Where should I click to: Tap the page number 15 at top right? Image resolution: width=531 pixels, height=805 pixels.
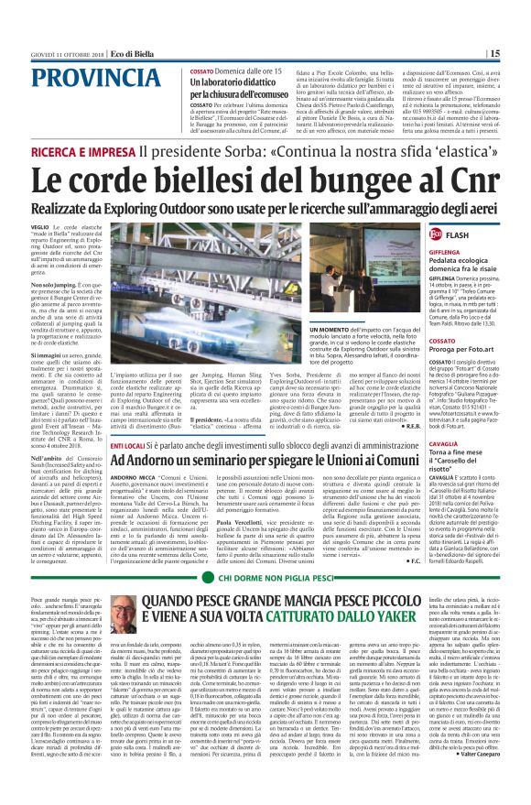(519, 53)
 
